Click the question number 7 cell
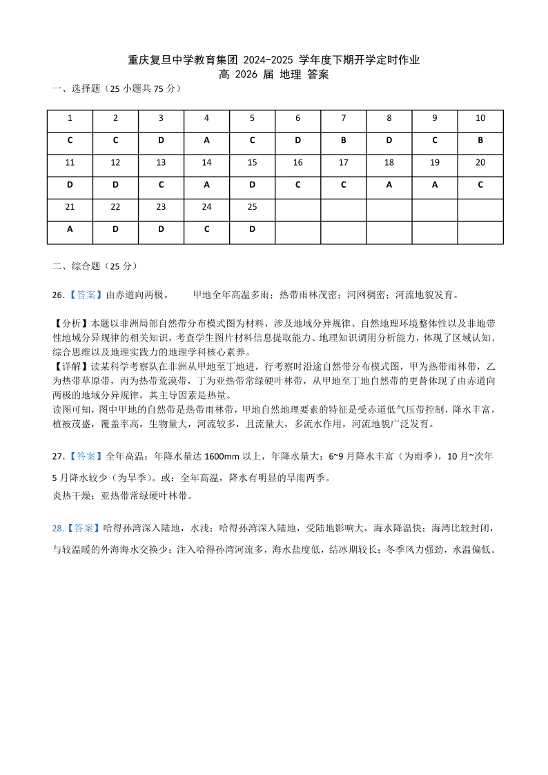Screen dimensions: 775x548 (344, 118)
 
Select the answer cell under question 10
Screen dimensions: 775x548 (480, 140)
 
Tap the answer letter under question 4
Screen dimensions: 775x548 (206, 140)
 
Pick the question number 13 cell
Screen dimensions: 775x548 (161, 163)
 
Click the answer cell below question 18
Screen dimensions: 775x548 (389, 185)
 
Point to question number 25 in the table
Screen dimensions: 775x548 (252, 207)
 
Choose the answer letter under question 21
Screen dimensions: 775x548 (70, 229)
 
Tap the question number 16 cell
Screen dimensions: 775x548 (297, 163)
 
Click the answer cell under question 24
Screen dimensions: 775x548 (206, 229)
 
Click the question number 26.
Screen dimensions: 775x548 (58, 295)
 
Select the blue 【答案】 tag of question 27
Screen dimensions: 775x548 (86, 456)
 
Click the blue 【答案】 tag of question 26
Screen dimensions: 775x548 (86, 295)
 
